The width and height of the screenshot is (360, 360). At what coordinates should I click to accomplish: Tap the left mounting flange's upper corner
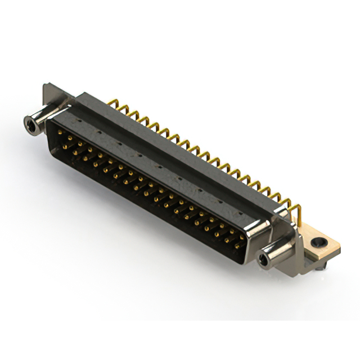tap(47, 86)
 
